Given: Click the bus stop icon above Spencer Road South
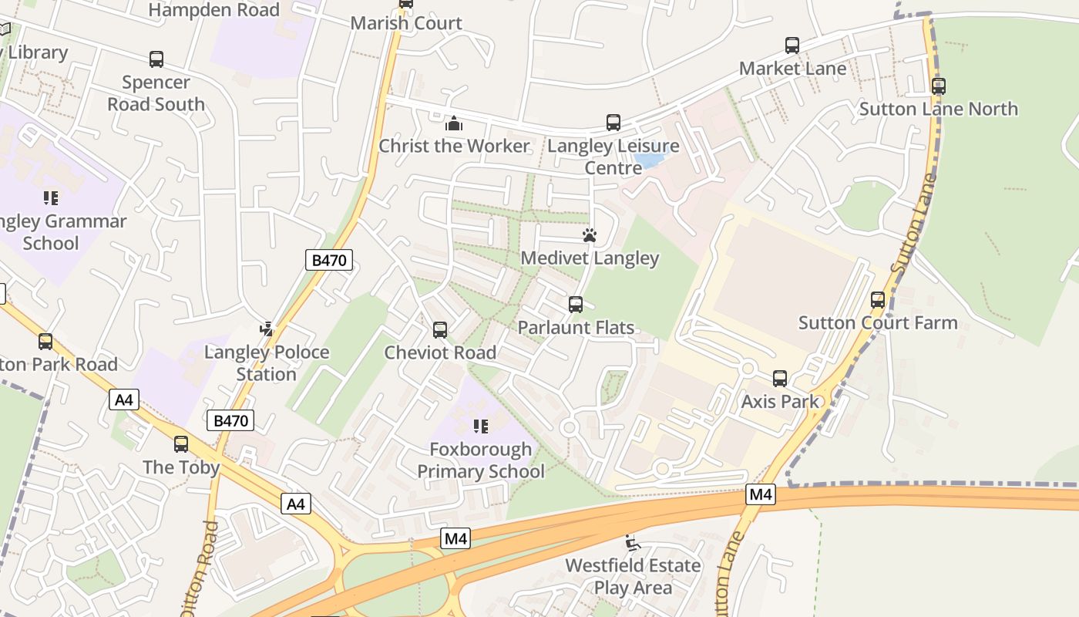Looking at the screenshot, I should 156,59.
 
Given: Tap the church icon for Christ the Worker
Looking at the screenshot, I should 454,123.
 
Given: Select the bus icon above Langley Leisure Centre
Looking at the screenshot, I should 613,123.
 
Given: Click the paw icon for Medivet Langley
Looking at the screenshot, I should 590,235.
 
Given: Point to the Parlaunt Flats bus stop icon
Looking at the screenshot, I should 576,305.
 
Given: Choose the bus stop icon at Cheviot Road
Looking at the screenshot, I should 440,330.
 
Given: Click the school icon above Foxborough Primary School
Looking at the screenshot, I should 481,427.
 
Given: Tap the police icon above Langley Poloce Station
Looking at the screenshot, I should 267,329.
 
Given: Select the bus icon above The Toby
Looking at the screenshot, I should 181,444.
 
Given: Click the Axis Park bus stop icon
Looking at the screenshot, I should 780,379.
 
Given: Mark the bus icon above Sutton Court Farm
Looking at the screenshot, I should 878,300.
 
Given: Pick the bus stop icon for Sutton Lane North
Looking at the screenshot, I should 939,86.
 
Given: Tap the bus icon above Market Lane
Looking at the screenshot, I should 792,46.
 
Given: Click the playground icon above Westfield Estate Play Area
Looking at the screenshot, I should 633,543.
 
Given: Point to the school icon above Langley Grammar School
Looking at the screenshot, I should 51,199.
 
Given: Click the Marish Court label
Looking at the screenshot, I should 406,23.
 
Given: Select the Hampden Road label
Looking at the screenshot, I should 213,10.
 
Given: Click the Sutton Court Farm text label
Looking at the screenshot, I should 878,322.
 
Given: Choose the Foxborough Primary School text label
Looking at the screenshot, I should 481,460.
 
